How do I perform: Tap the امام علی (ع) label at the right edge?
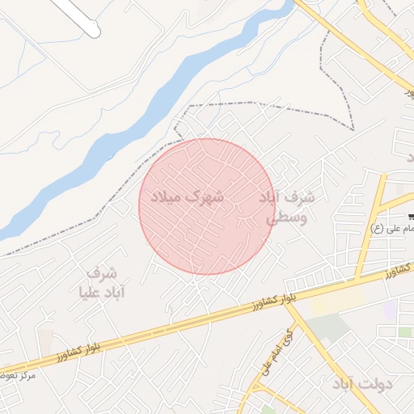pos(391,228)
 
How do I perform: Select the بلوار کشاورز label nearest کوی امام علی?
pos(260,304)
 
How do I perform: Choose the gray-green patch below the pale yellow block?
pos(327,327)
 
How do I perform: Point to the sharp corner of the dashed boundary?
pos(353,129)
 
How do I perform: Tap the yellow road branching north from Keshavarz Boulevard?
pos(371,226)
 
